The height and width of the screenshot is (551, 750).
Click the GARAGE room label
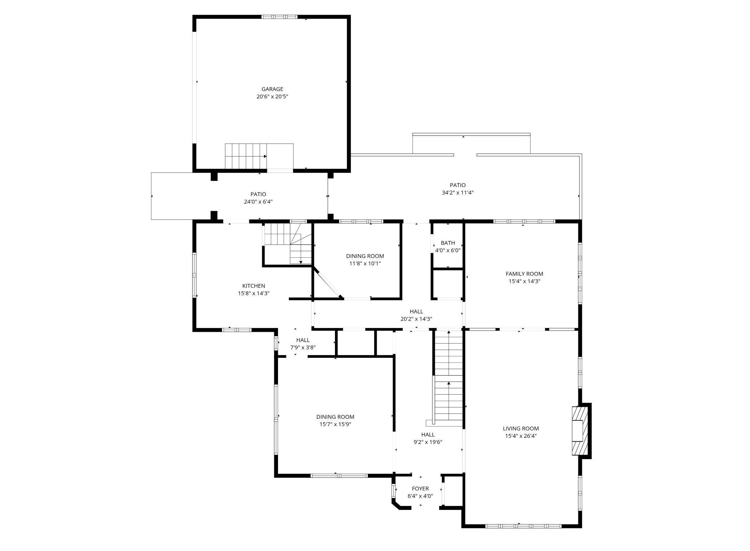click(x=272, y=89)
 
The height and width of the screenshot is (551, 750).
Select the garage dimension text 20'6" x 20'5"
click(x=272, y=97)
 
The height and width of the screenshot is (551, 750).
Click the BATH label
click(x=448, y=243)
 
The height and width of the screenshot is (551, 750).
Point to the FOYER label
click(x=420, y=489)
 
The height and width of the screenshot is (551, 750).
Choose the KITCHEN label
click(x=253, y=286)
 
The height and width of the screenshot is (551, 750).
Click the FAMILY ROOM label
click(x=524, y=274)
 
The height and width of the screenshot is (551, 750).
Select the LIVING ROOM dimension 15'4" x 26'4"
click(x=521, y=436)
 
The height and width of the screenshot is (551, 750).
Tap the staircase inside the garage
click(x=246, y=156)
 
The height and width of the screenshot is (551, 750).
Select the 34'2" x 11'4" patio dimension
click(x=458, y=193)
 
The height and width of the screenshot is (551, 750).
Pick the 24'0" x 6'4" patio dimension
click(x=258, y=202)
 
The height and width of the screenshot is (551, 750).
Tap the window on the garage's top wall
click(x=279, y=17)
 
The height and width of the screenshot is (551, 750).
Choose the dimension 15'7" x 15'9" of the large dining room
click(x=335, y=425)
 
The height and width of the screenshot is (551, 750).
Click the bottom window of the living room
click(x=523, y=526)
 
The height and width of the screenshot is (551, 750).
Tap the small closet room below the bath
click(x=448, y=284)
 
